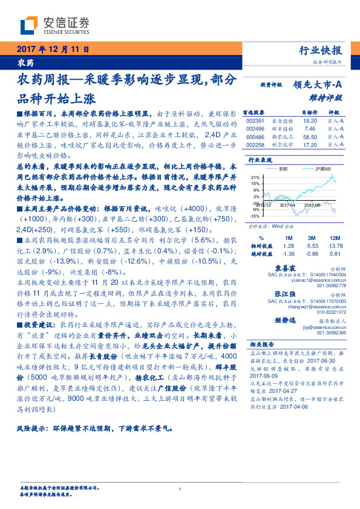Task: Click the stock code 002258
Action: (x=256, y=145)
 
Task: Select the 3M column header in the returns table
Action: (x=312, y=238)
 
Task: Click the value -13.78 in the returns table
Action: (x=335, y=245)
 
